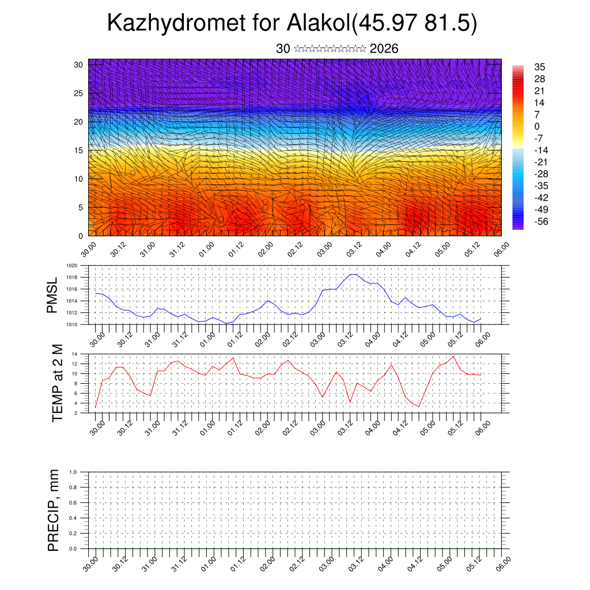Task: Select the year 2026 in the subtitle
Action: [x=384, y=49]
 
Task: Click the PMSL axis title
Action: [x=52, y=295]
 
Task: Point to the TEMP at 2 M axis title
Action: [x=56, y=383]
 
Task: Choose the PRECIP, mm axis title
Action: [x=54, y=510]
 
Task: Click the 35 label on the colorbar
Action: [x=540, y=67]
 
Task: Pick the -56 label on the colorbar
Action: [x=541, y=221]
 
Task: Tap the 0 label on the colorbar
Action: [x=537, y=127]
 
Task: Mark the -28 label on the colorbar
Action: [x=541, y=174]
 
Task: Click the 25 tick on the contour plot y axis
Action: [x=80, y=93]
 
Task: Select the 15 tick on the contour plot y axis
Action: [x=80, y=150]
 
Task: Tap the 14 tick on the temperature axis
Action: [x=75, y=354]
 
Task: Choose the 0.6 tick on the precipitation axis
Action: [x=73, y=502]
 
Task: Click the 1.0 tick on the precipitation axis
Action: [x=73, y=471]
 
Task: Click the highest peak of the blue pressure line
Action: [x=353, y=274]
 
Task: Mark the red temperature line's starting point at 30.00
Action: [x=95, y=408]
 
